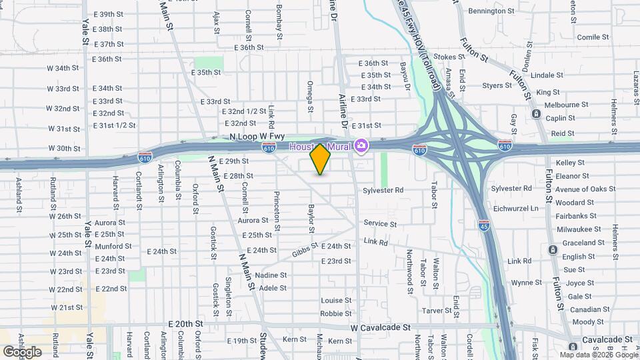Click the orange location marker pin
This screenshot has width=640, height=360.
[x=321, y=159]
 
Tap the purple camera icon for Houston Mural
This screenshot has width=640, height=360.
[x=361, y=145]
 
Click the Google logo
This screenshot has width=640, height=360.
[x=22, y=351]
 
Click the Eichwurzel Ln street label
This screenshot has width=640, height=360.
[x=515, y=209]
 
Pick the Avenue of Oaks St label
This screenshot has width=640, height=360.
[x=585, y=189]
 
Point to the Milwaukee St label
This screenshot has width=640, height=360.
[x=579, y=229]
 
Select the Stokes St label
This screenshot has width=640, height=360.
[x=448, y=57]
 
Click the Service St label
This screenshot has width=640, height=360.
[x=380, y=224]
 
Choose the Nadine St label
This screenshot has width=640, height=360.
[x=271, y=275]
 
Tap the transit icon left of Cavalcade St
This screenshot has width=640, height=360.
[x=574, y=347]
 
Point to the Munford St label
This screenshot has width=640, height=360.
[x=109, y=247]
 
